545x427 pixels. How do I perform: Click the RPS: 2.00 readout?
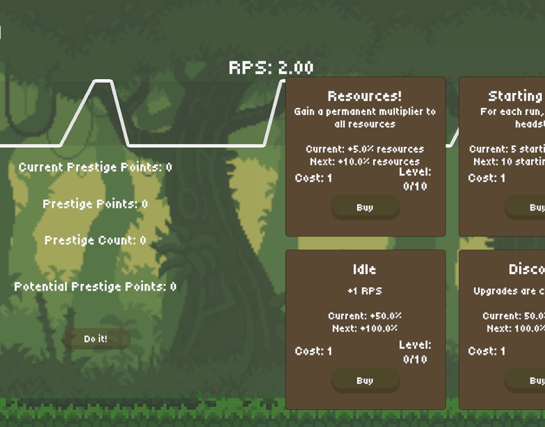(x=271, y=68)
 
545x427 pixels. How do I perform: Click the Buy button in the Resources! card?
(x=365, y=207)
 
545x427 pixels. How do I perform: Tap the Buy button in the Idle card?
(x=365, y=380)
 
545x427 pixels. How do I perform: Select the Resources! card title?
(x=364, y=96)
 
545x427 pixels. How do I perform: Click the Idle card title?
(x=364, y=269)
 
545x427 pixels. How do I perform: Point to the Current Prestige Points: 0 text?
(x=95, y=167)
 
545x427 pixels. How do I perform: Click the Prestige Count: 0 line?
(x=95, y=240)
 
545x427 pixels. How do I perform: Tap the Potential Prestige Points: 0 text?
(x=95, y=286)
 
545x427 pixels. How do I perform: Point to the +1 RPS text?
(x=364, y=291)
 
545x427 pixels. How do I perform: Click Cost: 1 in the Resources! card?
(x=313, y=178)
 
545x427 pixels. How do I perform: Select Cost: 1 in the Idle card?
(x=313, y=351)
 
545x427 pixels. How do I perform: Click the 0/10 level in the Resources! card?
(x=415, y=186)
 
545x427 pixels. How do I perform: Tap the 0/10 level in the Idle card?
(x=415, y=359)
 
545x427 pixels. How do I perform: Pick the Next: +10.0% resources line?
(x=364, y=162)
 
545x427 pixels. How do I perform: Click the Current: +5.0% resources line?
(x=364, y=149)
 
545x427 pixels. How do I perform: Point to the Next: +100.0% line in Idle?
(x=364, y=328)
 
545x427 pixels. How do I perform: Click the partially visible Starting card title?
(x=515, y=96)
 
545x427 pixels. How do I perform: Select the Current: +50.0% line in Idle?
(x=364, y=315)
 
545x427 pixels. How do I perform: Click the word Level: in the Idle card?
(x=415, y=345)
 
